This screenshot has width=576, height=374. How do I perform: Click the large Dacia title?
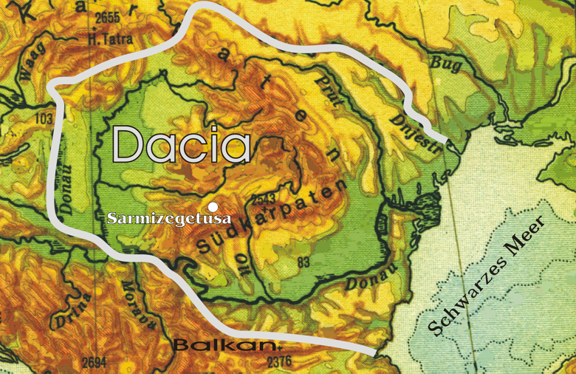point(181,143)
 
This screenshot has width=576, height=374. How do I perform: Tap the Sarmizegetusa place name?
point(169,219)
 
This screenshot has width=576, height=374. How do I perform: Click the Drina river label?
point(72,310)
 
